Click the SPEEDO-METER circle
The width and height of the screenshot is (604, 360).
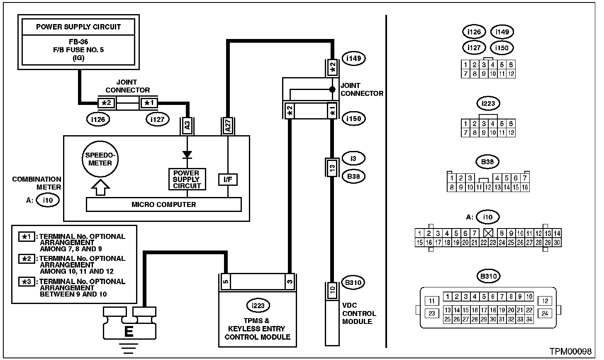100,160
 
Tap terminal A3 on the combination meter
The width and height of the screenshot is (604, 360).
187,126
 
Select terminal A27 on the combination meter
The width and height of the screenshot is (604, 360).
228,126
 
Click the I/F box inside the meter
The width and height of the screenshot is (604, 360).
228,180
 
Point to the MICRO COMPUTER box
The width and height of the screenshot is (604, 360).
163,204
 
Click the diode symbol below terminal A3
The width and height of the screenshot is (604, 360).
187,154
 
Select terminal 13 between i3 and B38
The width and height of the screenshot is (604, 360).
332,168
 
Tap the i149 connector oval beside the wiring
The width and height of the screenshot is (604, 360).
353,58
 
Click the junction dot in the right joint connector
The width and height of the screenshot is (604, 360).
332,89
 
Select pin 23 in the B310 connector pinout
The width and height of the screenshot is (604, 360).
431,314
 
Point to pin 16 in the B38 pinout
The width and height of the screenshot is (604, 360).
525,187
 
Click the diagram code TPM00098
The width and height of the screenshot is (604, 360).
570,352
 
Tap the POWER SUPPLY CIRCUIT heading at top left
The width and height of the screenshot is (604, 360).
78,27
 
